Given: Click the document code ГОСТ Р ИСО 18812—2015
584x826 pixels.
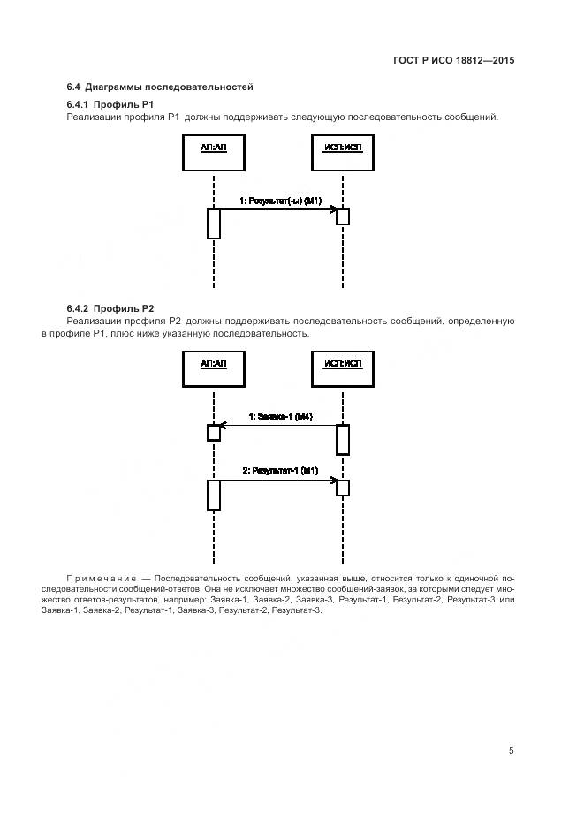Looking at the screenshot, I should click(x=453, y=61).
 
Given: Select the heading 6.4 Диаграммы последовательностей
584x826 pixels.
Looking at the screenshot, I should click(x=160, y=87).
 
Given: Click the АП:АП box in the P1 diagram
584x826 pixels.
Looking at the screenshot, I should click(x=214, y=152).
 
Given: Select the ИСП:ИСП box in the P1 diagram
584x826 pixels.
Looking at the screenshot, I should click(x=343, y=152).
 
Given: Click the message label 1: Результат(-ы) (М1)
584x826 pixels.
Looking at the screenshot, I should click(x=280, y=201).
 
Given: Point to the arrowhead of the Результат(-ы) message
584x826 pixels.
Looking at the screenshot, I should click(x=333, y=209).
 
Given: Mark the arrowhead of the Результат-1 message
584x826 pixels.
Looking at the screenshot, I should click(x=333, y=480).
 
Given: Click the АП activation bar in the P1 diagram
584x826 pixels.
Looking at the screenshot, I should click(x=214, y=224).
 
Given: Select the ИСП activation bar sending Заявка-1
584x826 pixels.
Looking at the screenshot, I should click(x=343, y=439).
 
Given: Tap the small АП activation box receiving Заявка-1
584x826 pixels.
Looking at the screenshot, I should click(x=214, y=432).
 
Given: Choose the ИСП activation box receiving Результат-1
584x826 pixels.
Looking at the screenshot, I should click(x=343, y=488).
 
